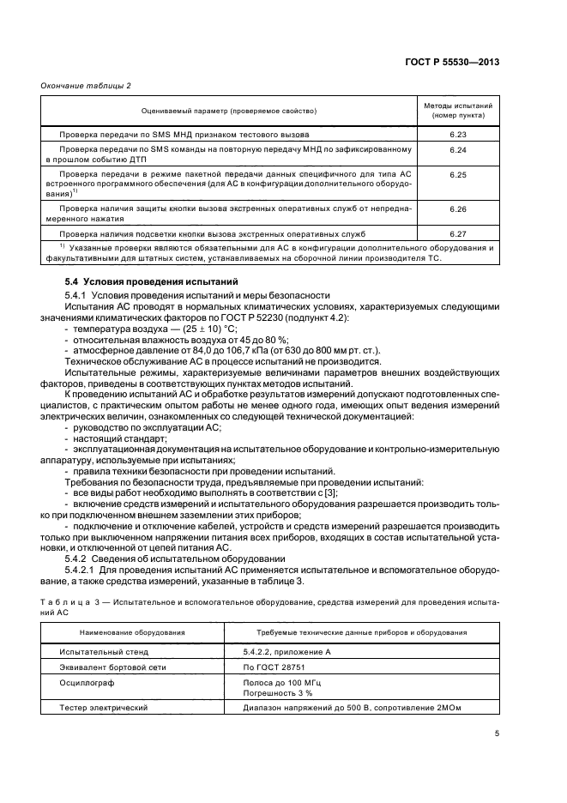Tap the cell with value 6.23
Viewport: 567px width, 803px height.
(x=458, y=135)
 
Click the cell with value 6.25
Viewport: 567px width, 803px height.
(x=458, y=174)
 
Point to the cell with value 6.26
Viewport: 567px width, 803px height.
(x=458, y=208)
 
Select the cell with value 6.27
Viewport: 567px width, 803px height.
(x=458, y=232)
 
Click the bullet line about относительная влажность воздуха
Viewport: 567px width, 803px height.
(x=167, y=341)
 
